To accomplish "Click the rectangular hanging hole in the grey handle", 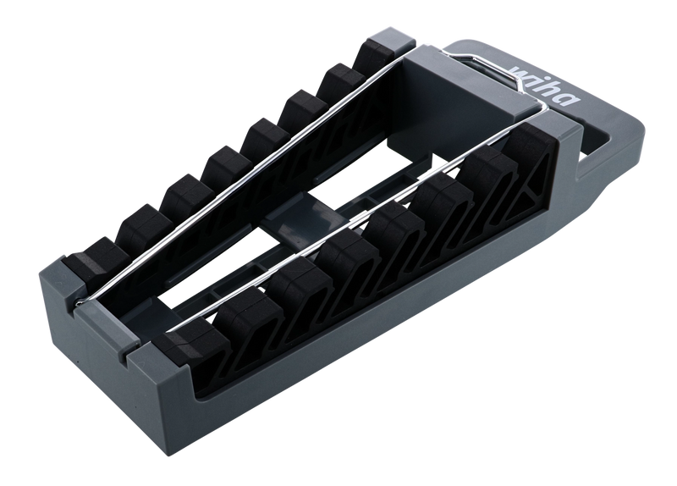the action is (598, 142).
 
